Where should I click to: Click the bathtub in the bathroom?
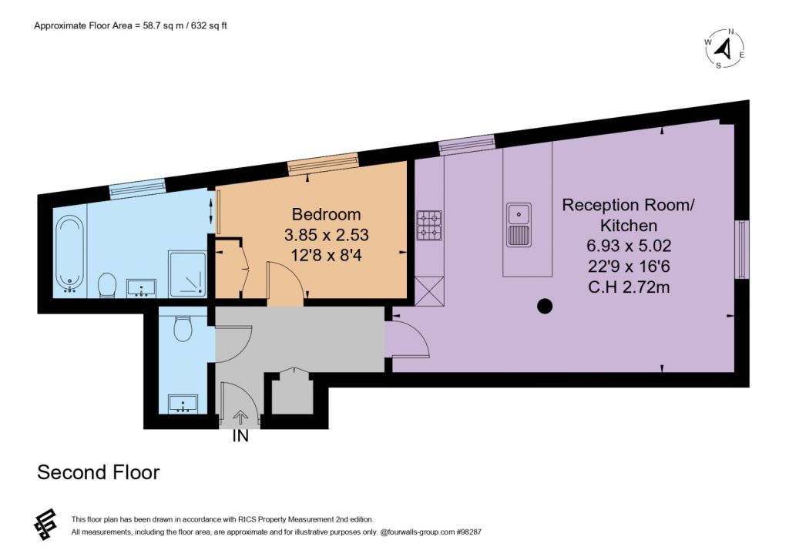[x=69, y=254]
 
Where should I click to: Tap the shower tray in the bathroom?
[x=188, y=274]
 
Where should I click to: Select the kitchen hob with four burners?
[x=429, y=225]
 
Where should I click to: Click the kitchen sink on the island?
[x=519, y=225]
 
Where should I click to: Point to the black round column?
[x=545, y=306]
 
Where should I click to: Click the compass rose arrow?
[x=724, y=49]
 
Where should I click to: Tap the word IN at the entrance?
[x=240, y=436]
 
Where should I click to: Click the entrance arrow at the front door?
[x=240, y=417]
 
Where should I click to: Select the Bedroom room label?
[x=326, y=214]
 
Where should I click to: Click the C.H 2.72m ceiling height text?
[x=629, y=287]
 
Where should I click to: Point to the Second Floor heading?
[x=99, y=472]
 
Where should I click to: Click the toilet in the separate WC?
[x=183, y=328]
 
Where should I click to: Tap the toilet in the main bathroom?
[x=106, y=285]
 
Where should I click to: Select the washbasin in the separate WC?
[x=183, y=404]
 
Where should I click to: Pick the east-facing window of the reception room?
[x=742, y=250]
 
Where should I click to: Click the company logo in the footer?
[x=45, y=525]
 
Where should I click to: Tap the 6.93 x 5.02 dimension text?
[x=629, y=246]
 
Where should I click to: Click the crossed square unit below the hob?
[x=429, y=291]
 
